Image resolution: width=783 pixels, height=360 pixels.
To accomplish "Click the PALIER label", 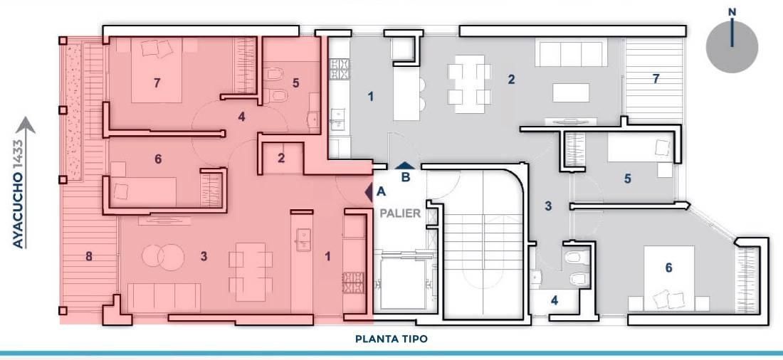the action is tap(400, 213).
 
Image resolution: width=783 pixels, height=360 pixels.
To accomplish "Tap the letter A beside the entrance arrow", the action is tap(382, 191).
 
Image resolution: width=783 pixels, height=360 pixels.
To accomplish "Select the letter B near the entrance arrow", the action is tap(406, 176).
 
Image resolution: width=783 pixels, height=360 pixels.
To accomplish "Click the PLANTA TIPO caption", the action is tap(391, 339).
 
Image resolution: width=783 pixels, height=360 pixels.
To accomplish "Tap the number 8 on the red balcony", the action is tap(89, 257).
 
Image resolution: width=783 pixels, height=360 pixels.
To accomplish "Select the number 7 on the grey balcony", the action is tap(656, 78).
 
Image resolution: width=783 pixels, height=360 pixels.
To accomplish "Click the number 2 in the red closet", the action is tap(282, 158).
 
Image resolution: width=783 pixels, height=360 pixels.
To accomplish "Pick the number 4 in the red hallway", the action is tap(242, 117).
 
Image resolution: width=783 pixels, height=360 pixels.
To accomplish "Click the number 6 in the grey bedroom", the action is tap(668, 268).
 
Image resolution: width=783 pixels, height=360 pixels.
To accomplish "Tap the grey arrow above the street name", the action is tap(25, 127).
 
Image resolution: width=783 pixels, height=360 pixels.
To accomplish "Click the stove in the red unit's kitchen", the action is tap(352, 282).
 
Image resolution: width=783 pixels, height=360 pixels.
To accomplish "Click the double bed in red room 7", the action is tap(157, 70).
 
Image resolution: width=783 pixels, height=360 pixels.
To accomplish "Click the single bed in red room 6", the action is tap(144, 191).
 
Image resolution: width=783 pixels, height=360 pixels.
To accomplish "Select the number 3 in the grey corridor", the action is tap(548, 206).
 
